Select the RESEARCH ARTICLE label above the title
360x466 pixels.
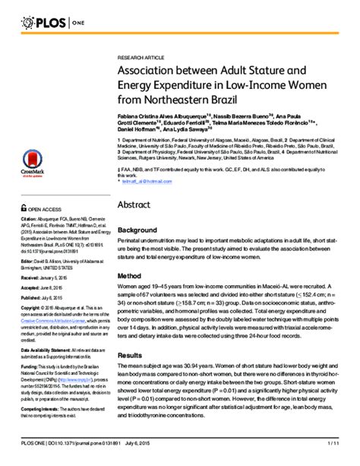click(x=141, y=58)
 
